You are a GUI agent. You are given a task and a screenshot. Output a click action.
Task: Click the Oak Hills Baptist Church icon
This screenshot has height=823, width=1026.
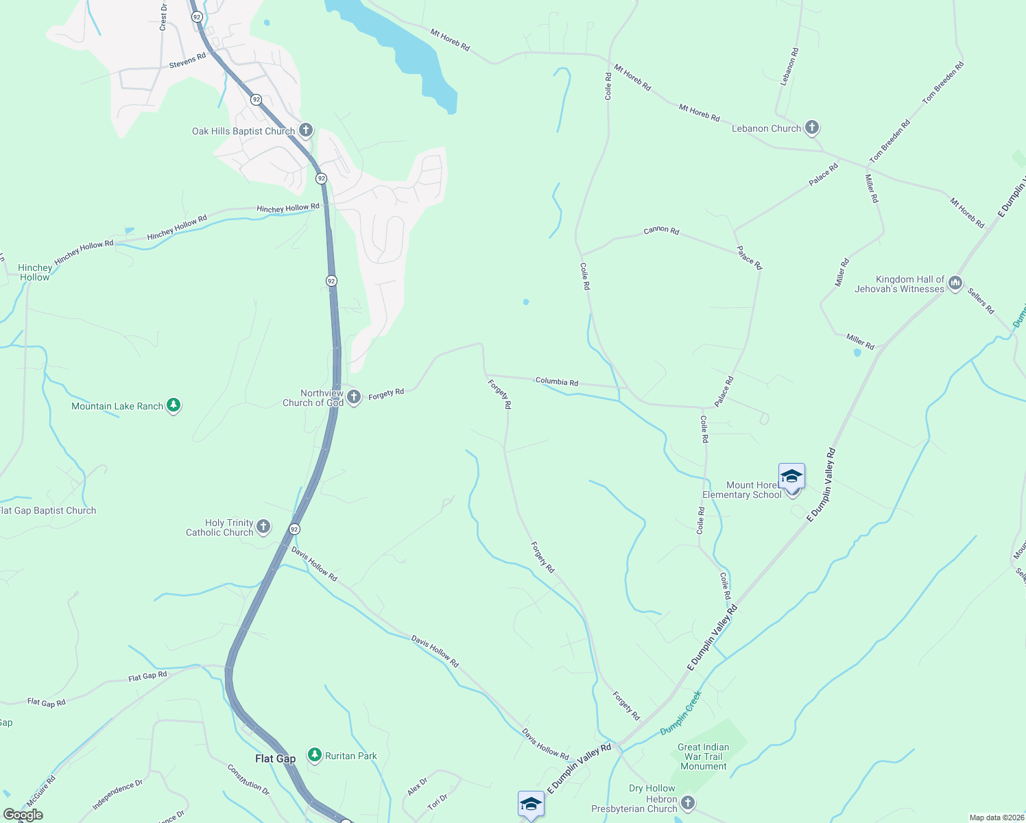pyautogui.click(x=306, y=130)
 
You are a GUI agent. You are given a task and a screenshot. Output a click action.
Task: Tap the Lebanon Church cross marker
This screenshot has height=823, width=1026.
pyautogui.click(x=812, y=128)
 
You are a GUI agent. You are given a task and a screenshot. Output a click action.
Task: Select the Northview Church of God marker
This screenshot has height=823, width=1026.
pyautogui.click(x=354, y=397)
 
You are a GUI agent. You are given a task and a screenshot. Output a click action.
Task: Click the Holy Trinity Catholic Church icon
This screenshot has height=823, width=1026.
pyautogui.click(x=263, y=527)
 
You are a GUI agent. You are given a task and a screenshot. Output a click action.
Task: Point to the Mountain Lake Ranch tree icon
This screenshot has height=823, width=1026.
pyautogui.click(x=174, y=405)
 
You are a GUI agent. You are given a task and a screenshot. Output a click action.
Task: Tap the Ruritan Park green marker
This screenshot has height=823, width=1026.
pyautogui.click(x=315, y=755)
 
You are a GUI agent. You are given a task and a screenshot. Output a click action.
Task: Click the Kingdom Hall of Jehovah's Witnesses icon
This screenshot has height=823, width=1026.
pyautogui.click(x=955, y=283)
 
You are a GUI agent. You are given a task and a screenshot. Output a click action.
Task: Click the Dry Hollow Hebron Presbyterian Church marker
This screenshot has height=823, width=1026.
pyautogui.click(x=688, y=802)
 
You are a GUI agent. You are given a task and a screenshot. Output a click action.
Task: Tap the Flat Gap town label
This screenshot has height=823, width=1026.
pyautogui.click(x=275, y=759)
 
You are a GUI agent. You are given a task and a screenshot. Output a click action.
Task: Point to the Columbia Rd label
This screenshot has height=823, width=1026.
pyautogui.click(x=556, y=381)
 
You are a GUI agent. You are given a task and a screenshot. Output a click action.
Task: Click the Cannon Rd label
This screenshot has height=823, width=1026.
pyautogui.click(x=661, y=230)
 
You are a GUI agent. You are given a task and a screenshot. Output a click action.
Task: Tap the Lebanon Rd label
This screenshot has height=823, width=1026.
pyautogui.click(x=789, y=67)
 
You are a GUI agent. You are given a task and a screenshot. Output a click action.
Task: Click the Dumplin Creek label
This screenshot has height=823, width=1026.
pyautogui.click(x=681, y=713)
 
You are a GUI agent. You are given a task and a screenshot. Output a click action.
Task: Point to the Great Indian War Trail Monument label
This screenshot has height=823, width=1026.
pyautogui.click(x=703, y=756)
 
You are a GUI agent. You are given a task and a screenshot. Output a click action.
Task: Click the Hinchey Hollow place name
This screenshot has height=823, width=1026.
pyautogui.click(x=35, y=272)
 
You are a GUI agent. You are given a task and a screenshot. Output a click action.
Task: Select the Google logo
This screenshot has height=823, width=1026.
pyautogui.click(x=23, y=815)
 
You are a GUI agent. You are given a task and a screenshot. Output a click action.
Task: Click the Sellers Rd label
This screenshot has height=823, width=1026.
pyautogui.click(x=981, y=301)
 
